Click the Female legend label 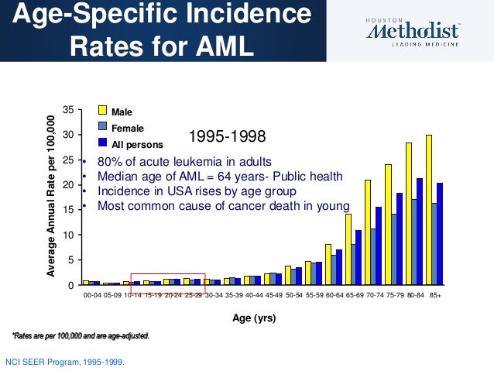(x=128, y=128)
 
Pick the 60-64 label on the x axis (x=334, y=294)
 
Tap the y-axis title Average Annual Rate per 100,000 (x=51, y=197)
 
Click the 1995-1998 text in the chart (x=228, y=137)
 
